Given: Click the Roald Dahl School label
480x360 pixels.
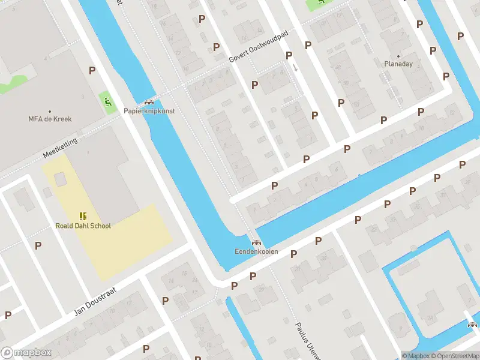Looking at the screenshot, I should coord(83,226).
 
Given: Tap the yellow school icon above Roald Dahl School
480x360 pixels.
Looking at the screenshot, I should coord(83,216).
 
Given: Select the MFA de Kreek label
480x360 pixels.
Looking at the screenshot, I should coord(50,119).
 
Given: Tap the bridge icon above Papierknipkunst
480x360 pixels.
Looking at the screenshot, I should coord(149,102).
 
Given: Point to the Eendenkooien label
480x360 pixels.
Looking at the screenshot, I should coord(256,251).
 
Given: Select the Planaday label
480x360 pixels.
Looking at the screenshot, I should coord(398,64).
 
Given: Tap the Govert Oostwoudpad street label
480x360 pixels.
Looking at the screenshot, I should coord(259,47).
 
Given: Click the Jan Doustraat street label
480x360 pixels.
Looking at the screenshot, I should coord(95,299).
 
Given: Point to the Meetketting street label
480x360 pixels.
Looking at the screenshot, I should coord(61,146).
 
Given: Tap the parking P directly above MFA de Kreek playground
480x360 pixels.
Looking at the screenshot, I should coord(92,70).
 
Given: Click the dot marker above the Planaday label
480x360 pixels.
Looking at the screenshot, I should coord(398,56).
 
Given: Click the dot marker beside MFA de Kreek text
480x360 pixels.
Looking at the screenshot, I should coord(50,111).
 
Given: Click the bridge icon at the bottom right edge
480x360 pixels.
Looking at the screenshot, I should coord(473,325).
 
